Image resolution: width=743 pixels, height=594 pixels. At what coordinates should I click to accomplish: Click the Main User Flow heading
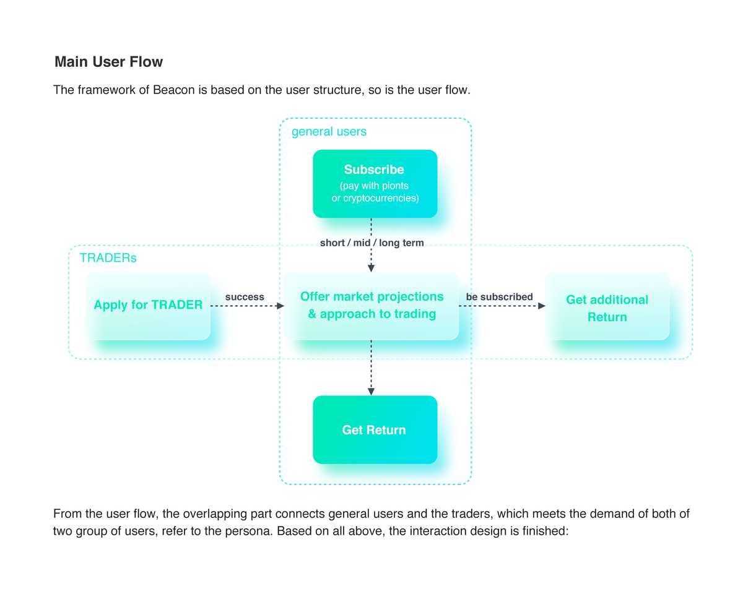[108, 62]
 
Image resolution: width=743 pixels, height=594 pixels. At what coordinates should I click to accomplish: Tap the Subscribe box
[375, 184]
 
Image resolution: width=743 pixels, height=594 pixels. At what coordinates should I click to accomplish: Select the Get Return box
[375, 429]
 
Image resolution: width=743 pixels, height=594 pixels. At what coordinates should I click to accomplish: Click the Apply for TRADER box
[149, 306]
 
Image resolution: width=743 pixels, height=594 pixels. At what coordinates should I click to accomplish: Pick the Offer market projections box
[371, 306]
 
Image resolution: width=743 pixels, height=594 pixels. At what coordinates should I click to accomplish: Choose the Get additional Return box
[607, 306]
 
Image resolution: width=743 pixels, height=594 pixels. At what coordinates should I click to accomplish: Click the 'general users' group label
[329, 132]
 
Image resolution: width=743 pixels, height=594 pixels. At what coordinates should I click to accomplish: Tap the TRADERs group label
[108, 258]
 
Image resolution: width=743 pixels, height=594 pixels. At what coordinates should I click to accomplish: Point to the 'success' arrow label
[245, 297]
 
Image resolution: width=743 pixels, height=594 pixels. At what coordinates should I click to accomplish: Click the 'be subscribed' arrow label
[499, 297]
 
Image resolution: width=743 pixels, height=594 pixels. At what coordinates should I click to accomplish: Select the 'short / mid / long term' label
[372, 243]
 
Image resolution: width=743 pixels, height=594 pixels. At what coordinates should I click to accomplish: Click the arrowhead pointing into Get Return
[371, 392]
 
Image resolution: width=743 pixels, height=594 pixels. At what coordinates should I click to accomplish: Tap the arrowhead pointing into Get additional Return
[542, 306]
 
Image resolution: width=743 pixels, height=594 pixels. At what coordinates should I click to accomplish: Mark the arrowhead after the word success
[280, 306]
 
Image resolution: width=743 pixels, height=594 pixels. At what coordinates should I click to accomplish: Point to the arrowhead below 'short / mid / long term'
[371, 268]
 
